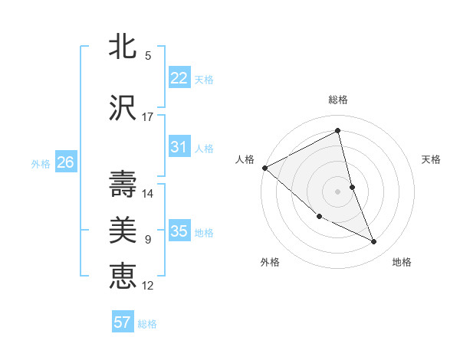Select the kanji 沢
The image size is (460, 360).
(x=123, y=108)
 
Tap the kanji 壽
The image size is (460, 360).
(x=123, y=184)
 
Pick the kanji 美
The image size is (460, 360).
(x=123, y=230)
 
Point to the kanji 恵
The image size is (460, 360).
(x=123, y=275)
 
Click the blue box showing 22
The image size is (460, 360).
(x=179, y=78)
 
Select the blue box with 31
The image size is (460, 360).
(x=179, y=147)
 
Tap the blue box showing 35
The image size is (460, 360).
(x=179, y=231)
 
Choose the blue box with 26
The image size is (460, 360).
(x=65, y=162)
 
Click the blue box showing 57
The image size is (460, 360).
(x=122, y=322)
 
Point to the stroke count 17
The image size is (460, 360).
(x=148, y=117)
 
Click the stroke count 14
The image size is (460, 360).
(x=148, y=193)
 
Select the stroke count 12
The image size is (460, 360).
(x=148, y=286)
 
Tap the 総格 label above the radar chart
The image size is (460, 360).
(x=338, y=100)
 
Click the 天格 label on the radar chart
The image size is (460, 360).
(x=432, y=159)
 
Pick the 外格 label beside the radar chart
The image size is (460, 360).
(x=270, y=262)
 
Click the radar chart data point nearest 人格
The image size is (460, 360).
(x=264, y=168)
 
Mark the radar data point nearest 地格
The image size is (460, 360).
(x=374, y=242)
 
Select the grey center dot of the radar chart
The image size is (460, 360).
(x=338, y=191)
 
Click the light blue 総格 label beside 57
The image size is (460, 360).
(x=147, y=324)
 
